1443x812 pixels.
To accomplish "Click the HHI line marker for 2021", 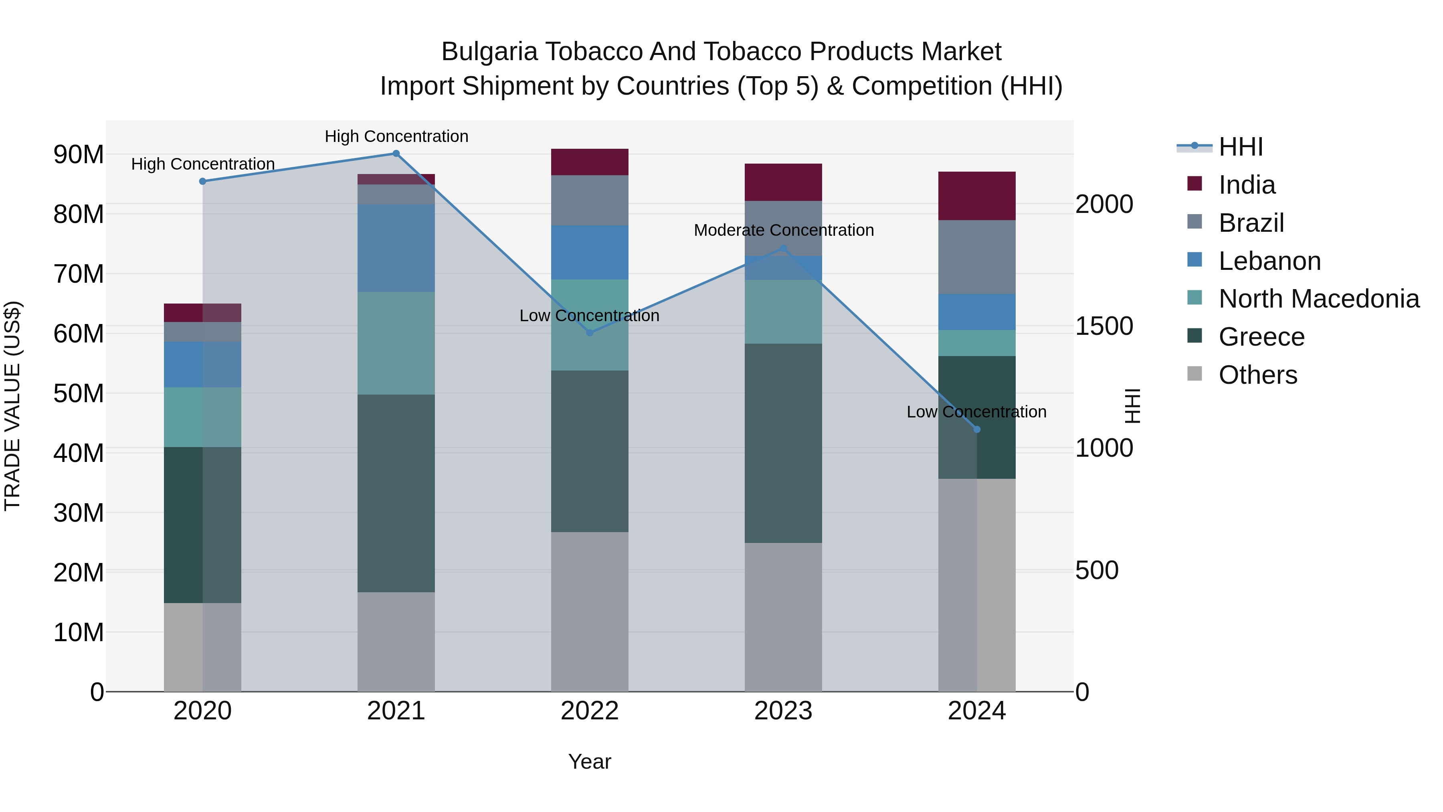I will [x=396, y=154].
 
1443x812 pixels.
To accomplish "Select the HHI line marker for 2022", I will [x=589, y=333].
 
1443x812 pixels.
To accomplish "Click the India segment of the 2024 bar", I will [x=977, y=196].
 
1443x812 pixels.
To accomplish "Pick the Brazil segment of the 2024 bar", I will [x=977, y=257].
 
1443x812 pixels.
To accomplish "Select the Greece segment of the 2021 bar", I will [x=396, y=493].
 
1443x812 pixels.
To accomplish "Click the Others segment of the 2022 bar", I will [x=589, y=612].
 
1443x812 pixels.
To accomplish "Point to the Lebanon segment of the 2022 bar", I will [x=589, y=253].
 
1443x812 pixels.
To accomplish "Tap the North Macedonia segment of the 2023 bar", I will [x=783, y=312].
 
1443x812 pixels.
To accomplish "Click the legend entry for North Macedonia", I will [x=1319, y=299].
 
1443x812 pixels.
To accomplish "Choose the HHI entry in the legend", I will [x=1241, y=147].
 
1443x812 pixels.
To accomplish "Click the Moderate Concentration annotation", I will [x=783, y=230].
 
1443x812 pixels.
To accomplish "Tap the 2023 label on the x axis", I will [x=783, y=711].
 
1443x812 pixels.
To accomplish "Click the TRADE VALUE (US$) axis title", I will [x=13, y=406].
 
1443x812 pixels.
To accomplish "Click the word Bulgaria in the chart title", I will [x=489, y=52].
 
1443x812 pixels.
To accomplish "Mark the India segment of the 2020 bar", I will [x=202, y=313].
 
